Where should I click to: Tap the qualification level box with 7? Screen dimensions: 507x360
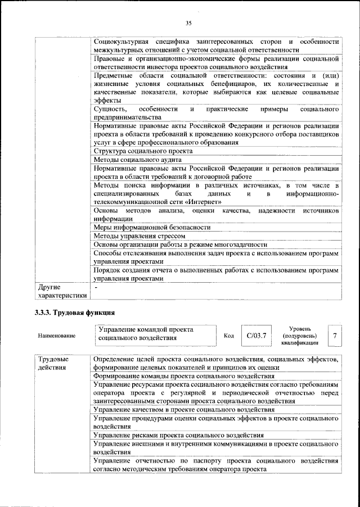point(335,336)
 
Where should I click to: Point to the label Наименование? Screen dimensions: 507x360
point(57,336)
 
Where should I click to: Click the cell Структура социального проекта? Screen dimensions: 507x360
point(143,151)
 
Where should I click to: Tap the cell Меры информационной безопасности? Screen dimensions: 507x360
point(152,227)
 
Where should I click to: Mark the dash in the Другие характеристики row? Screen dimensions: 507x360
point(96,287)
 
